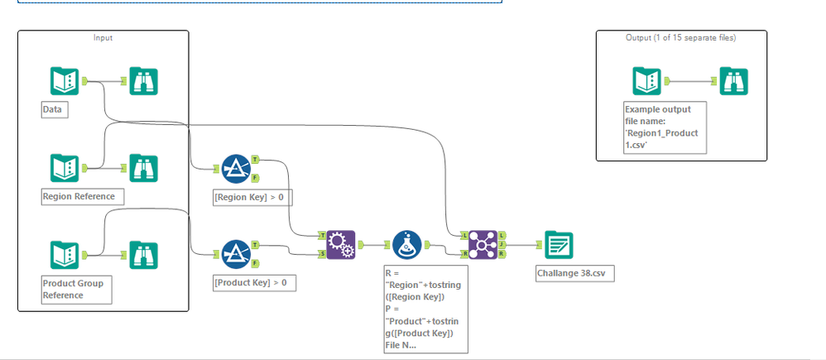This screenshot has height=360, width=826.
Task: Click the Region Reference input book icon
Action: click(65, 167)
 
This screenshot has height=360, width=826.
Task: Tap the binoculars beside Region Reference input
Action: click(144, 167)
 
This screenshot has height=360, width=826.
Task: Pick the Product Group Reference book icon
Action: click(65, 254)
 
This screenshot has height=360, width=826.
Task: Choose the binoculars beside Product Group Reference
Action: click(144, 254)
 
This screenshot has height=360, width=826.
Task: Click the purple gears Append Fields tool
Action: click(339, 244)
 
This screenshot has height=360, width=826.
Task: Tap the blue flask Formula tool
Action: click(406, 244)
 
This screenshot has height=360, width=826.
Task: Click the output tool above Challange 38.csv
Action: click(559, 244)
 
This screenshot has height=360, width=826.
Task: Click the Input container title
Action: click(103, 37)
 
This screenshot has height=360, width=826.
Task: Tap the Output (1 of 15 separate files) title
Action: click(680, 37)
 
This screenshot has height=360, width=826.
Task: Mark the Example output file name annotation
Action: click(665, 127)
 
